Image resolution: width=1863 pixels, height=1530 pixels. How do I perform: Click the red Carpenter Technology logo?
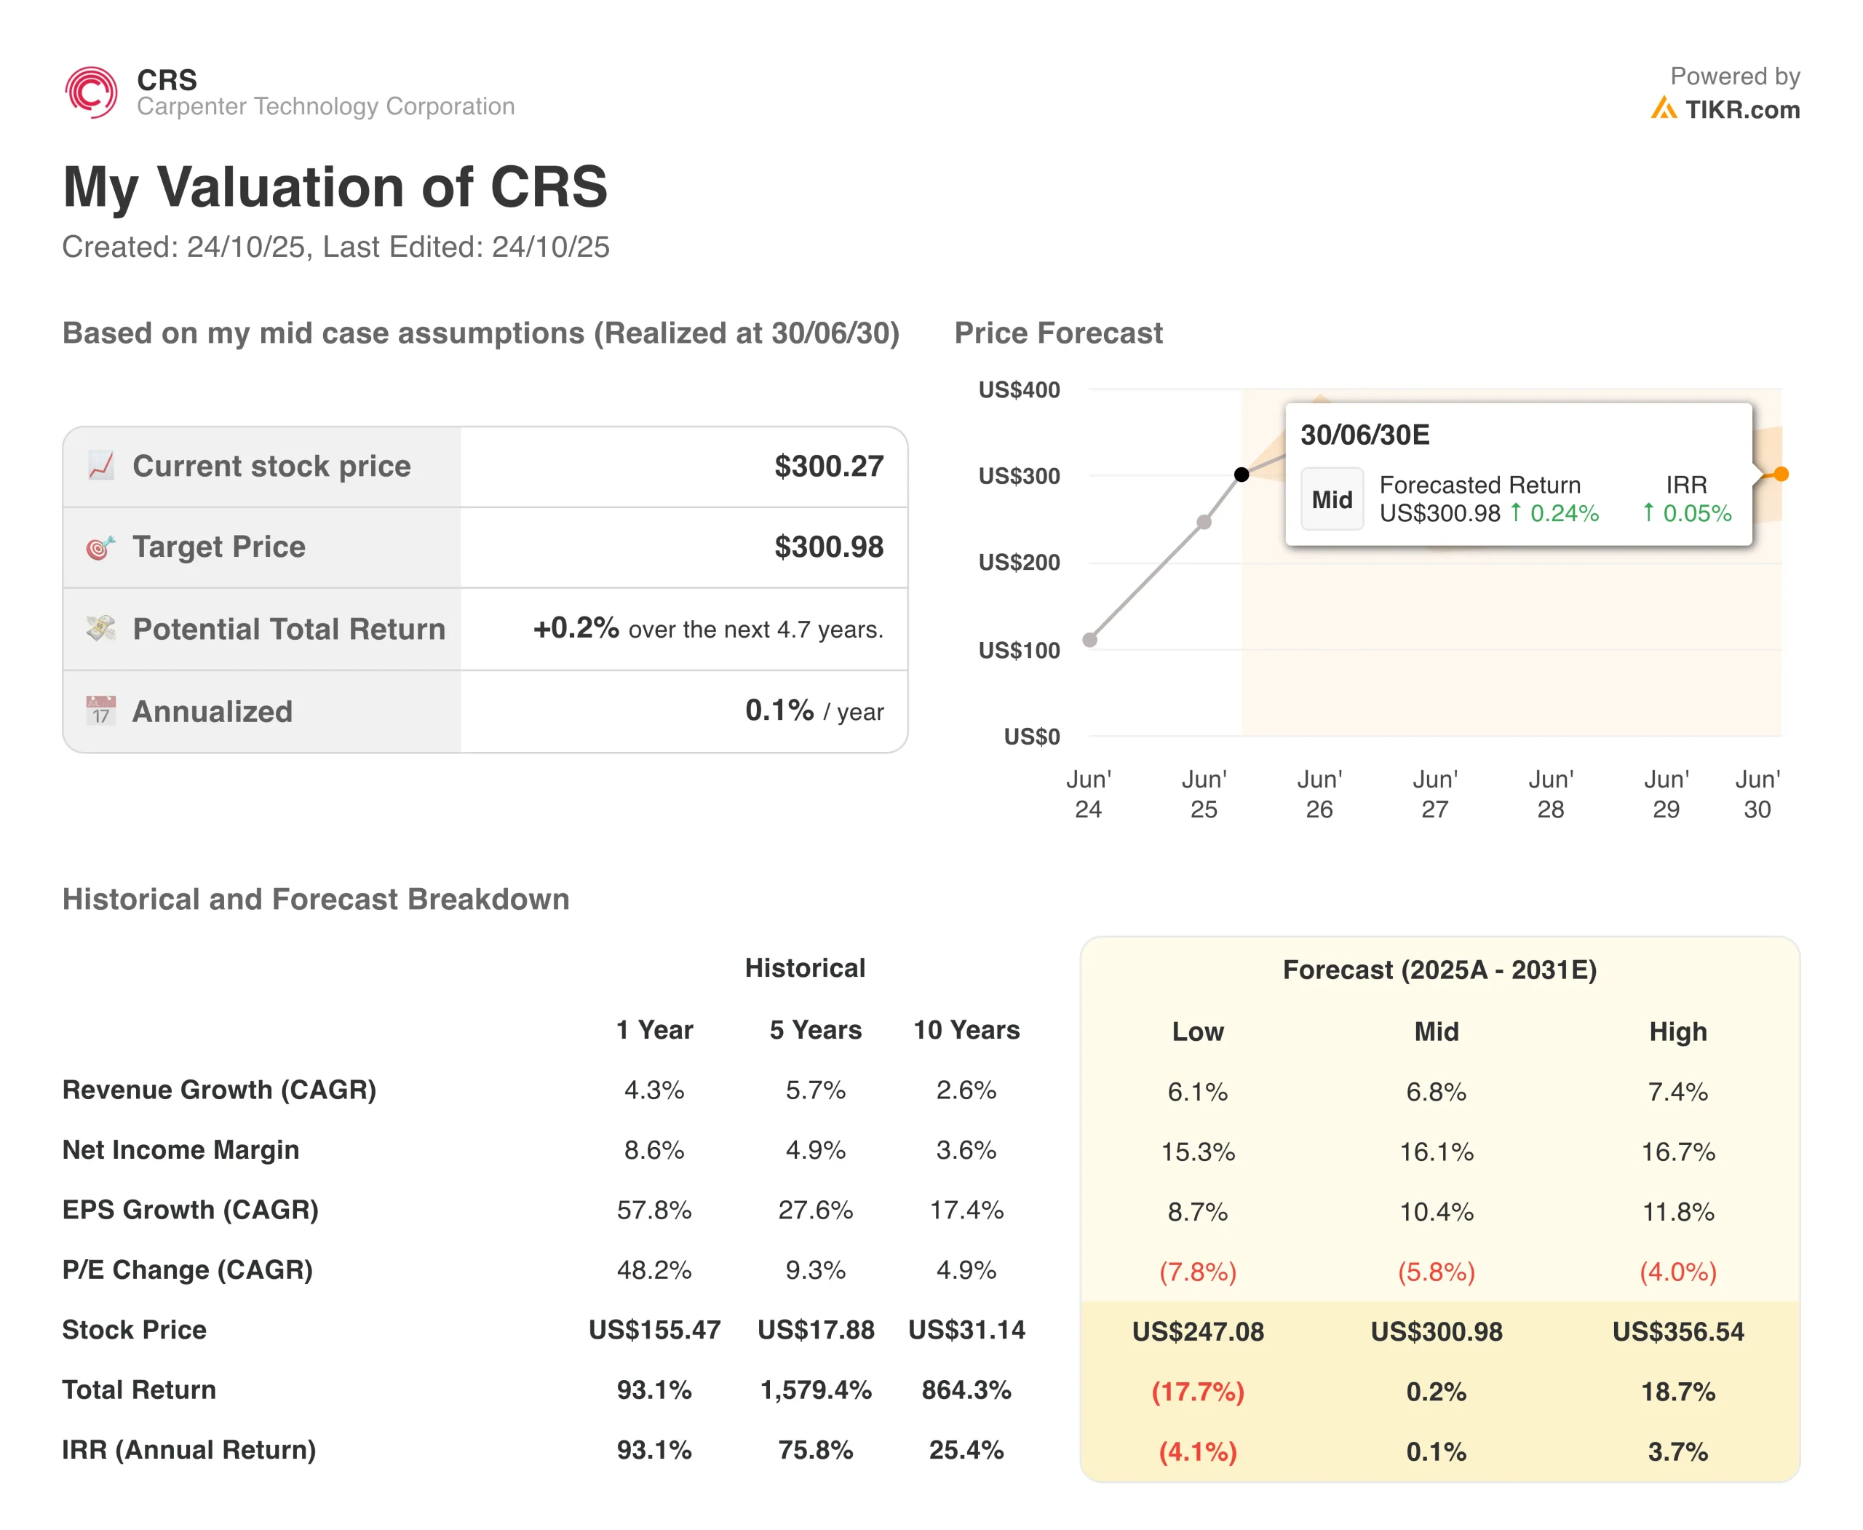[91, 92]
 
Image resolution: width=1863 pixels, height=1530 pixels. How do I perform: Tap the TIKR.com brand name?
[1741, 110]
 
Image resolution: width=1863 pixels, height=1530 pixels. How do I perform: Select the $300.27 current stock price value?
[828, 467]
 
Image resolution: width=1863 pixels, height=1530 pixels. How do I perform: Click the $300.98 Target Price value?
[828, 547]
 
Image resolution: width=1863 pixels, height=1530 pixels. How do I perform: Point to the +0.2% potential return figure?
[576, 628]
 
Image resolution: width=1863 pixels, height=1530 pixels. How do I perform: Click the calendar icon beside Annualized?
[100, 710]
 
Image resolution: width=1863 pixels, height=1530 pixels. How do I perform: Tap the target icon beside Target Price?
[100, 547]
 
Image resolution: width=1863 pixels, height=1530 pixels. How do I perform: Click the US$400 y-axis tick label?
[1019, 390]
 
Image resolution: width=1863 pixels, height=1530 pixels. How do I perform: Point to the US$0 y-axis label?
[1031, 737]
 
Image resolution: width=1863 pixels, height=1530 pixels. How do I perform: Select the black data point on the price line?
[1241, 475]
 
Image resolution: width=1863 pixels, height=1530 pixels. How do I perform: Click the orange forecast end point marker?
[1781, 474]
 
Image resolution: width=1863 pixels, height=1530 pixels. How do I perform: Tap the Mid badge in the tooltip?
[1332, 500]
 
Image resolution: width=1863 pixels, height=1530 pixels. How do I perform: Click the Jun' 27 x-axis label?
[1434, 794]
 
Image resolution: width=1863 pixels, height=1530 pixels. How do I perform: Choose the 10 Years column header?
[966, 1030]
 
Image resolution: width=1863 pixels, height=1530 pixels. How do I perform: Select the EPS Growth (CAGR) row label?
[191, 1210]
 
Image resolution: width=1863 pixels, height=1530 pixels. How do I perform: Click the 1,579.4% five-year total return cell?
[815, 1390]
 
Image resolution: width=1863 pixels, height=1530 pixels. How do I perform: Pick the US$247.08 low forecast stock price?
[1198, 1332]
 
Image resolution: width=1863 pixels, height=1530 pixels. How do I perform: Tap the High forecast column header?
[1677, 1032]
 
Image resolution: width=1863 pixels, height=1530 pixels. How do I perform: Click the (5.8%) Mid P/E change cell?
[1436, 1272]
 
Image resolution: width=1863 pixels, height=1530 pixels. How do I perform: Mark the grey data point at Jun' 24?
[1090, 640]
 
